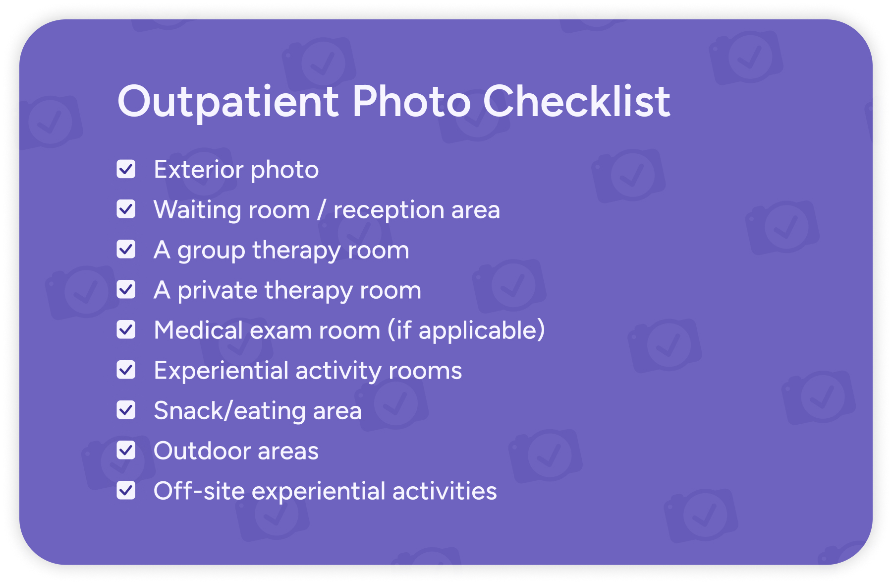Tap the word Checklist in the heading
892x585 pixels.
coord(576,101)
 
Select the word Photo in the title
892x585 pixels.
coord(411,101)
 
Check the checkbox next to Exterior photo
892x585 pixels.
coord(126,169)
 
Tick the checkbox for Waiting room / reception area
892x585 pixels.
coord(126,209)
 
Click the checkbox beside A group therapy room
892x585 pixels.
coord(126,250)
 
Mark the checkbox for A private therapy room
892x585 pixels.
coord(126,290)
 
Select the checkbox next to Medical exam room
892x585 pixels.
coord(126,330)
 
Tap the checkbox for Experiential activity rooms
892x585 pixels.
coord(126,370)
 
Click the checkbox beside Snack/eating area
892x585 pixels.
coord(126,410)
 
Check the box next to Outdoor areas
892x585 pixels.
coord(126,451)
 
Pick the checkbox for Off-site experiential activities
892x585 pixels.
coord(126,491)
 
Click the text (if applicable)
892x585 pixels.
coord(466,330)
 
